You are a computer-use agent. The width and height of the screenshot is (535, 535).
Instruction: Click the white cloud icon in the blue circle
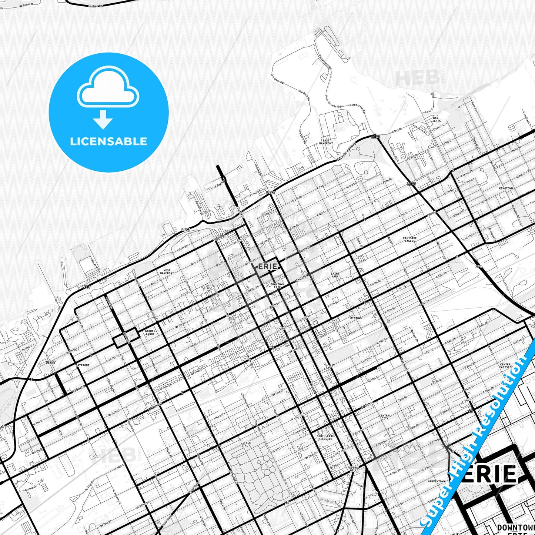(x=108, y=87)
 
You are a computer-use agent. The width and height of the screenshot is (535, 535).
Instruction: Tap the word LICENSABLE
(x=108, y=141)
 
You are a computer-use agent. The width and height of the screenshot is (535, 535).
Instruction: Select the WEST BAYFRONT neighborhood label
(x=167, y=272)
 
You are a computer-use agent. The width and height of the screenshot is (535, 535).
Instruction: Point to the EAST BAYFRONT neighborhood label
(x=326, y=142)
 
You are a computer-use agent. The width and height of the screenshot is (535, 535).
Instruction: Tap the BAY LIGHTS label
(x=435, y=119)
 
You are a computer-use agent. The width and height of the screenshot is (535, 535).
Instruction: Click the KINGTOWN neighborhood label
(x=506, y=188)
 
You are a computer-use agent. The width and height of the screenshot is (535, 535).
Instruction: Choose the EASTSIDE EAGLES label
(x=410, y=240)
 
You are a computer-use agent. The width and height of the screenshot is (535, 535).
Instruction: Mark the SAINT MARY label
(x=335, y=275)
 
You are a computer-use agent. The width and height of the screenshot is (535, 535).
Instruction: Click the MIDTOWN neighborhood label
(x=356, y=318)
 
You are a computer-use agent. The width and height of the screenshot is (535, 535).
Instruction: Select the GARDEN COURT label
(x=150, y=332)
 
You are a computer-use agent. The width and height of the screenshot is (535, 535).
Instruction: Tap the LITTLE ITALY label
(x=245, y=444)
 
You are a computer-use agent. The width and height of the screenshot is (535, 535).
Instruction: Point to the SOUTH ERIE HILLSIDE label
(x=325, y=437)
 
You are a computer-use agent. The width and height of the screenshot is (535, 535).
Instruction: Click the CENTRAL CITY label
(x=385, y=417)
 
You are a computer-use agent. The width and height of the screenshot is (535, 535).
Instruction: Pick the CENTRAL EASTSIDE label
(x=506, y=366)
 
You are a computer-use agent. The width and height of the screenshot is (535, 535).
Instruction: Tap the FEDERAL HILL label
(x=354, y=469)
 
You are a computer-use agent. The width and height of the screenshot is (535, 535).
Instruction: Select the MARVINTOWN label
(x=437, y=481)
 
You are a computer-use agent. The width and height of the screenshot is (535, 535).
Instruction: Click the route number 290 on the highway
(x=479, y=267)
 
